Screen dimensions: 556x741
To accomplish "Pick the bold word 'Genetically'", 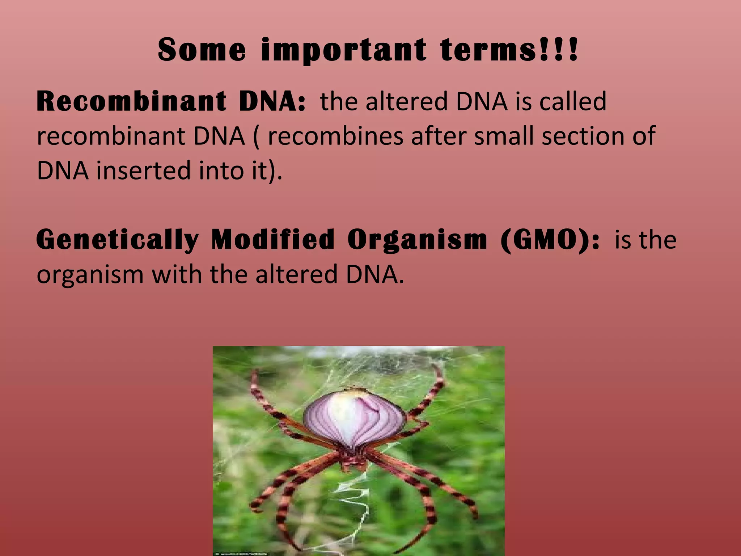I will [x=118, y=240].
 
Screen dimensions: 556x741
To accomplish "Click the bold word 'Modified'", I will [x=273, y=240].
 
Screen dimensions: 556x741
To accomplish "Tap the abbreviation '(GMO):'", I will [x=550, y=240].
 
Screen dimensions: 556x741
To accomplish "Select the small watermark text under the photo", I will [x=246, y=553].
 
